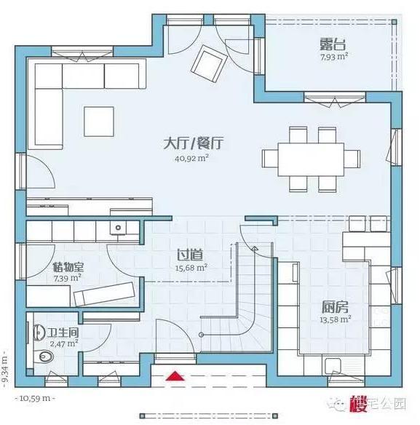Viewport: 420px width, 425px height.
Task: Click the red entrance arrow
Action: point(174,376)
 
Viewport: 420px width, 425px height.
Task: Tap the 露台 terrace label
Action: point(332,42)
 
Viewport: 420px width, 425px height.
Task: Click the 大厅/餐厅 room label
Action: point(193,143)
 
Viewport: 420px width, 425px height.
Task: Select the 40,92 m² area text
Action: point(192,158)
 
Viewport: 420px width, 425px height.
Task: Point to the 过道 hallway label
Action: point(190,255)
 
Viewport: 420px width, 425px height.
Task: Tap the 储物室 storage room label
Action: point(67,266)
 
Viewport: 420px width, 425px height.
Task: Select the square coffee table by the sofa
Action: point(99,120)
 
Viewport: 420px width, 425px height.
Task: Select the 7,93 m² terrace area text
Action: point(332,55)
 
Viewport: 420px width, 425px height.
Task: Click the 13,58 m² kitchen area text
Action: point(335,319)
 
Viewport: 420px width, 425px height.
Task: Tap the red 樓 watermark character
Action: point(357,402)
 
